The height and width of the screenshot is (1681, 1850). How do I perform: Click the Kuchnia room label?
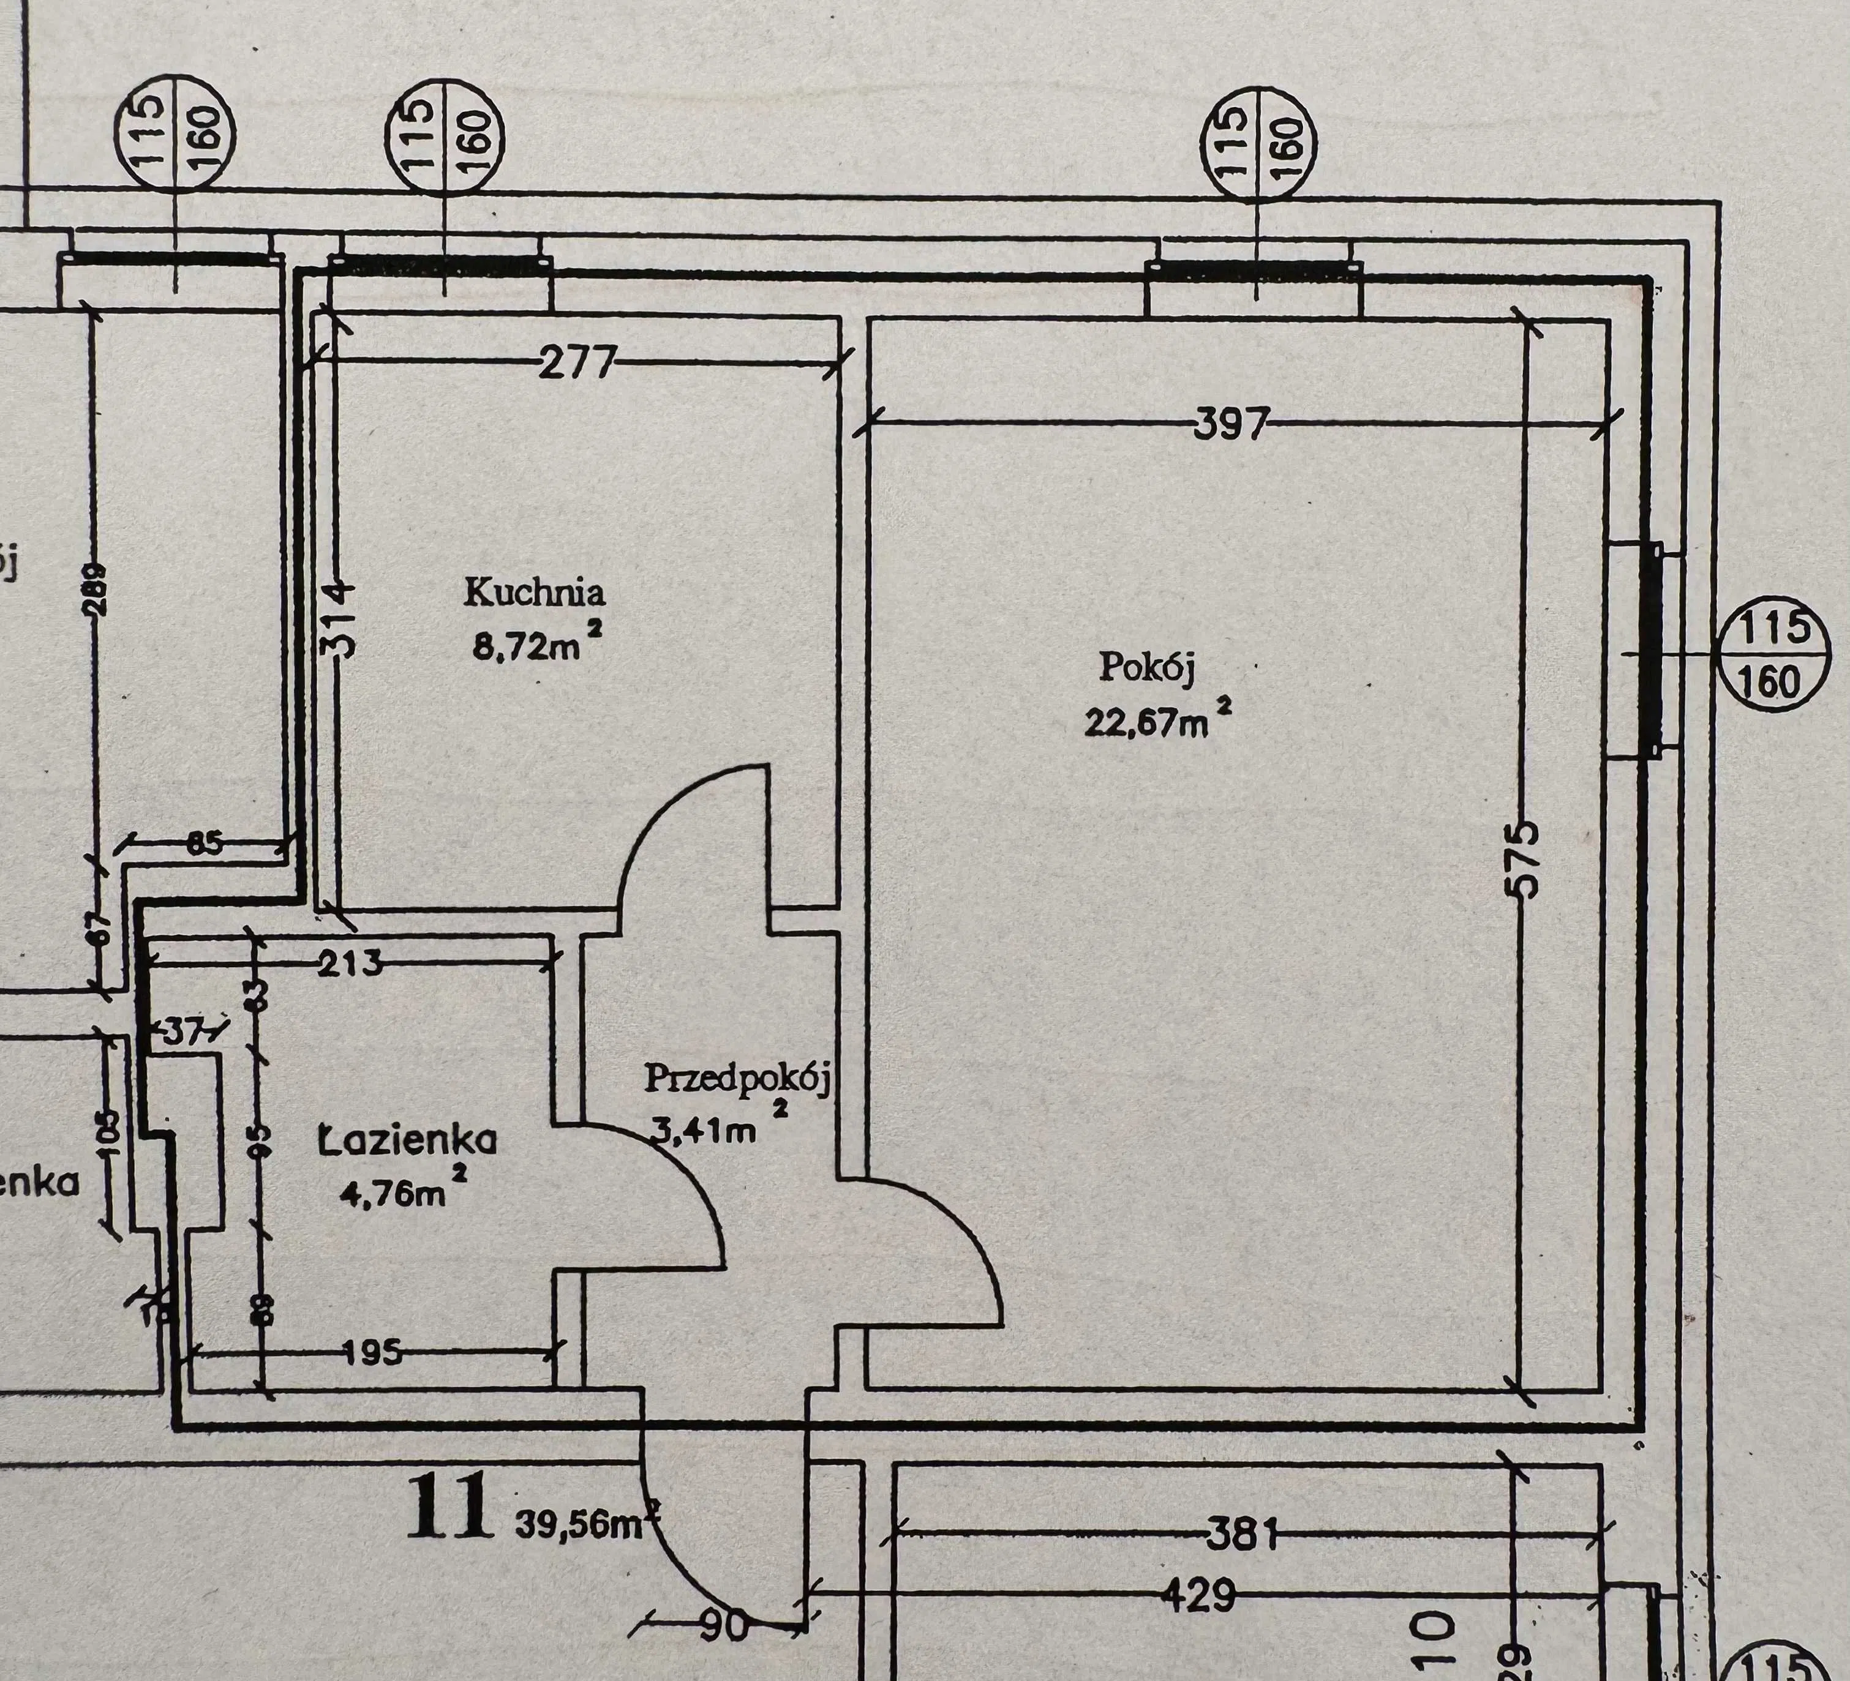pos(534,592)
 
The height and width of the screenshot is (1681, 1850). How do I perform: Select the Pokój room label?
pos(1147,667)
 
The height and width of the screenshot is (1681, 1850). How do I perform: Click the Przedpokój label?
pos(737,1078)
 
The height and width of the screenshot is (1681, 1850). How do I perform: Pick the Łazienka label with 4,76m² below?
pos(407,1140)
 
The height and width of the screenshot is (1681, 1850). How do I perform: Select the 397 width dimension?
pos(1231,424)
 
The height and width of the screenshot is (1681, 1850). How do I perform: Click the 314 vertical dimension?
pos(339,616)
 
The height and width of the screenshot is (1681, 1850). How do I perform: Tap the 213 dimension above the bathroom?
pos(350,964)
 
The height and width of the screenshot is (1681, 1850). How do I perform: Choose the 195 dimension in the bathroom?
pos(372,1352)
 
